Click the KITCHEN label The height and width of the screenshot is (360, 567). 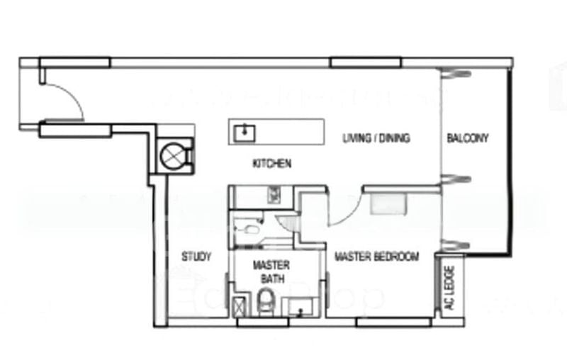[272, 164]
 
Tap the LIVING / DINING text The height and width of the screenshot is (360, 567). [376, 138]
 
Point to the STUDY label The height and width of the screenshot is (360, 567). [196, 257]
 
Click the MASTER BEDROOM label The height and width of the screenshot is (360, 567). [376, 257]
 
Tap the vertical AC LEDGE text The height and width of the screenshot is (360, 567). [448, 288]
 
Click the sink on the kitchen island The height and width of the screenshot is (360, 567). [245, 130]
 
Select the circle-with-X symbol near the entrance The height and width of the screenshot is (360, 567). [174, 154]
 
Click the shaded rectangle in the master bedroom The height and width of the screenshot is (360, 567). [388, 204]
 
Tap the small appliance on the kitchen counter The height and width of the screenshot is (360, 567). [273, 193]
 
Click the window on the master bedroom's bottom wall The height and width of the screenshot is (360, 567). [383, 322]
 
